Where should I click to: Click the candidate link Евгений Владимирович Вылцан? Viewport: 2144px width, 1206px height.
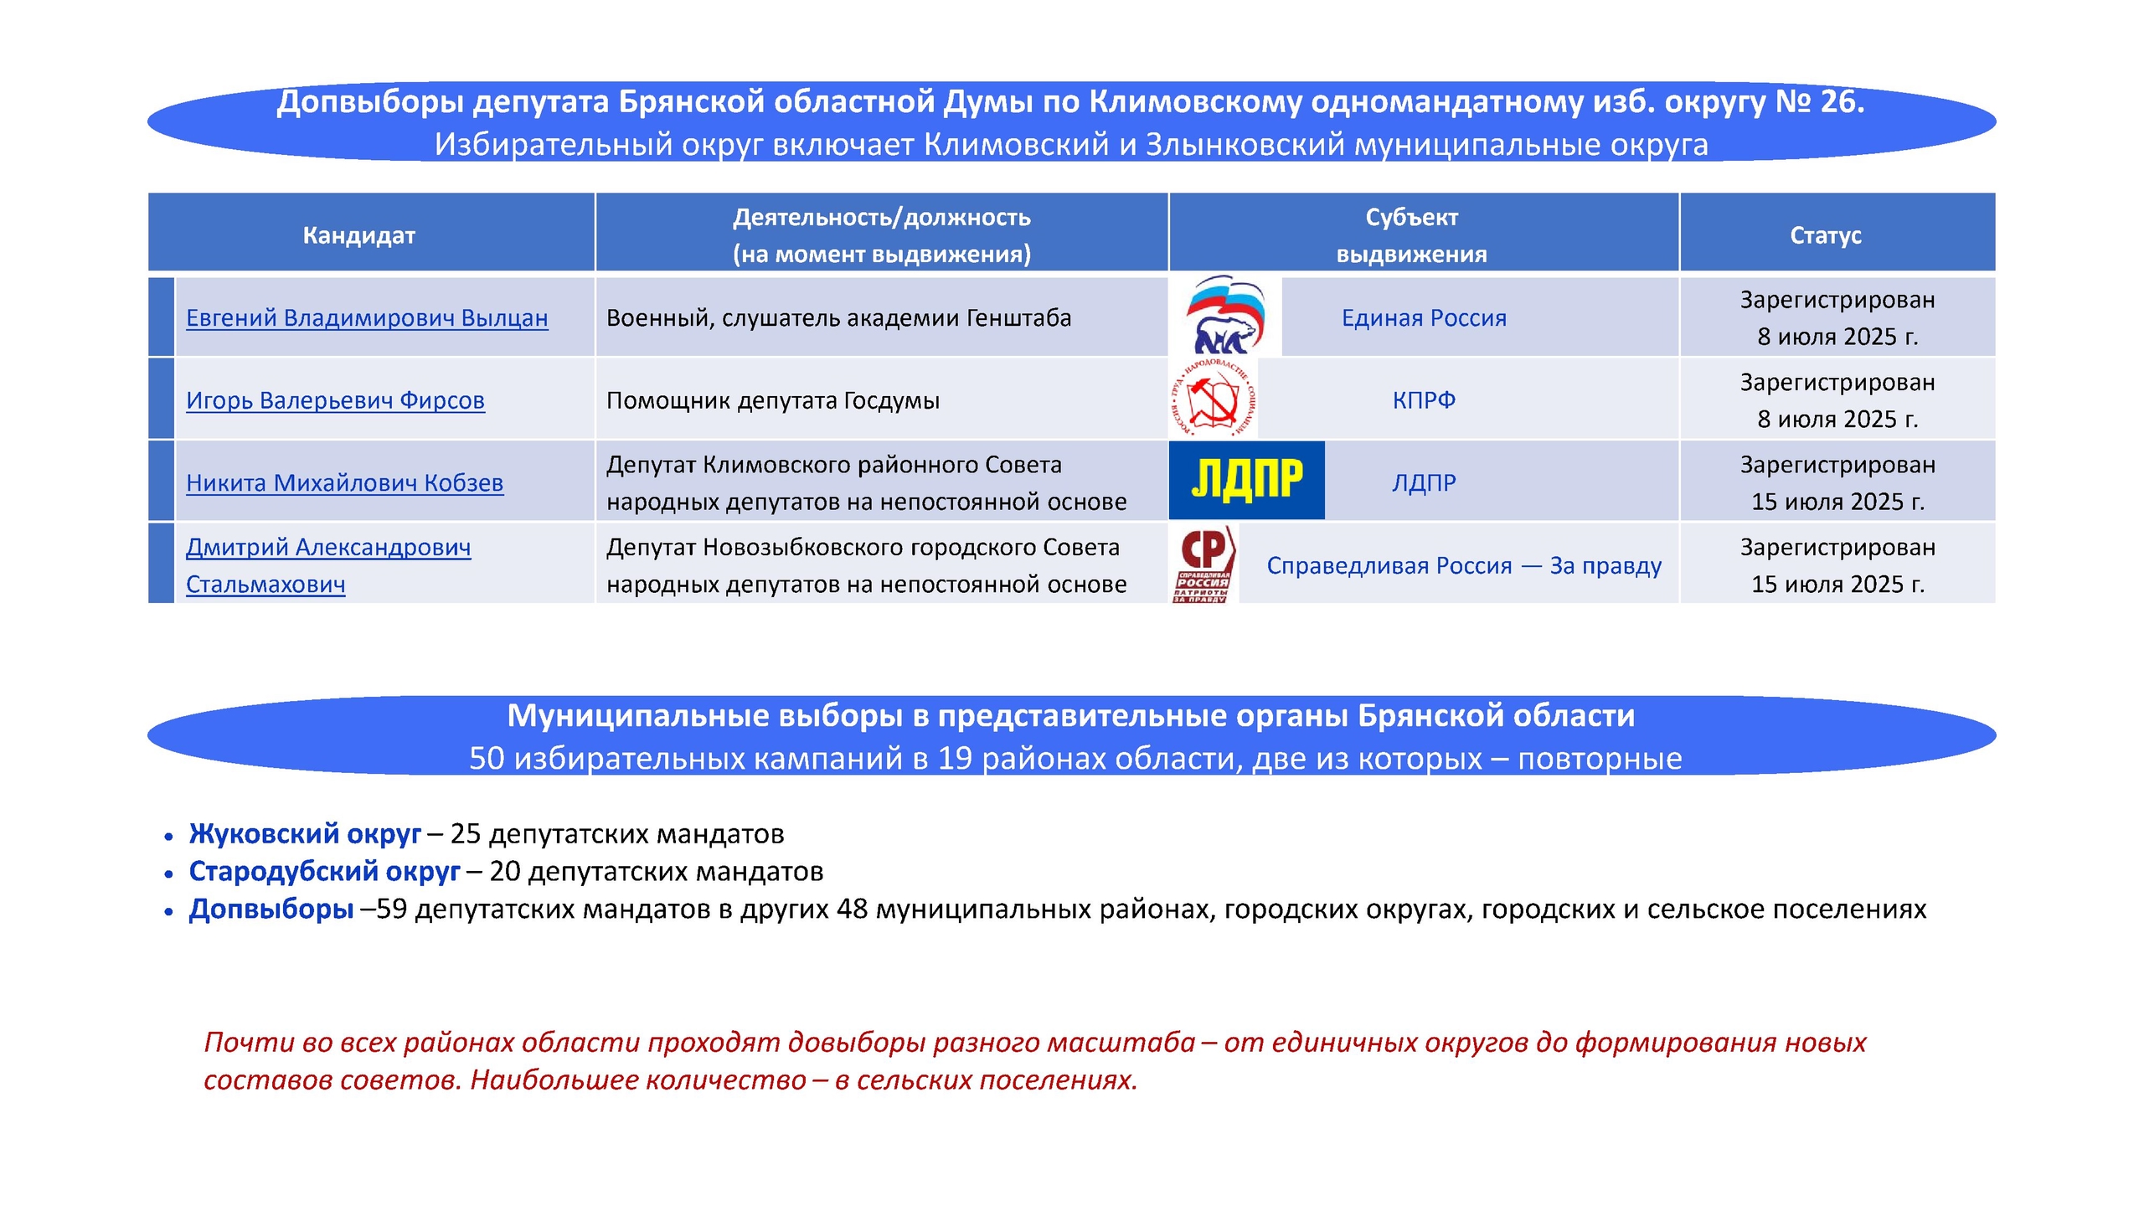[367, 318]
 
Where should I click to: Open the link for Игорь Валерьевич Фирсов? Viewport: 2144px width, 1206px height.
[335, 400]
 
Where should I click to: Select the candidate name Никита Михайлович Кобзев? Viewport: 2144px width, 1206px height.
[344, 483]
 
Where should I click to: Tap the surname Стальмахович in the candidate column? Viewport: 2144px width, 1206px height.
[265, 585]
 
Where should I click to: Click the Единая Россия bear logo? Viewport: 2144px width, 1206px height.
[1224, 316]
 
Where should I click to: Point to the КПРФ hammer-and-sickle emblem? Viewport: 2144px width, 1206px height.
[1213, 399]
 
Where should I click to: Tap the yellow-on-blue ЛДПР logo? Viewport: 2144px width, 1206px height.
[1246, 481]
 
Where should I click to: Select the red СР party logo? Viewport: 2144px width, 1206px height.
[1203, 563]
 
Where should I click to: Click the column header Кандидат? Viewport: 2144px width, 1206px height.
[358, 235]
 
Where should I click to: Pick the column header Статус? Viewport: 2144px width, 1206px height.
[1826, 235]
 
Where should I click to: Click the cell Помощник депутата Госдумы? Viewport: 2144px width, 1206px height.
[772, 400]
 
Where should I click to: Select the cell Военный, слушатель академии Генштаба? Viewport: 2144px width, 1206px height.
[838, 318]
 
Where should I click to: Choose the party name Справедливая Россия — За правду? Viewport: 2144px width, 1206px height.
[1464, 566]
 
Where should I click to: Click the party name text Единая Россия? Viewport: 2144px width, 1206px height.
[1424, 318]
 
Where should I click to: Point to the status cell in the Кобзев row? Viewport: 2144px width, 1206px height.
[1837, 483]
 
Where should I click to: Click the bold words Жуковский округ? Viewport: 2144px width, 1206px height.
[305, 834]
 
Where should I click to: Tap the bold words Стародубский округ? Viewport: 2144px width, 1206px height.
[324, 872]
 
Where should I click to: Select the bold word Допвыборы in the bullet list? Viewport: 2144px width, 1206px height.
[271, 910]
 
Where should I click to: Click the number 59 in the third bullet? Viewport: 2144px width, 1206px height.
[391, 910]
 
